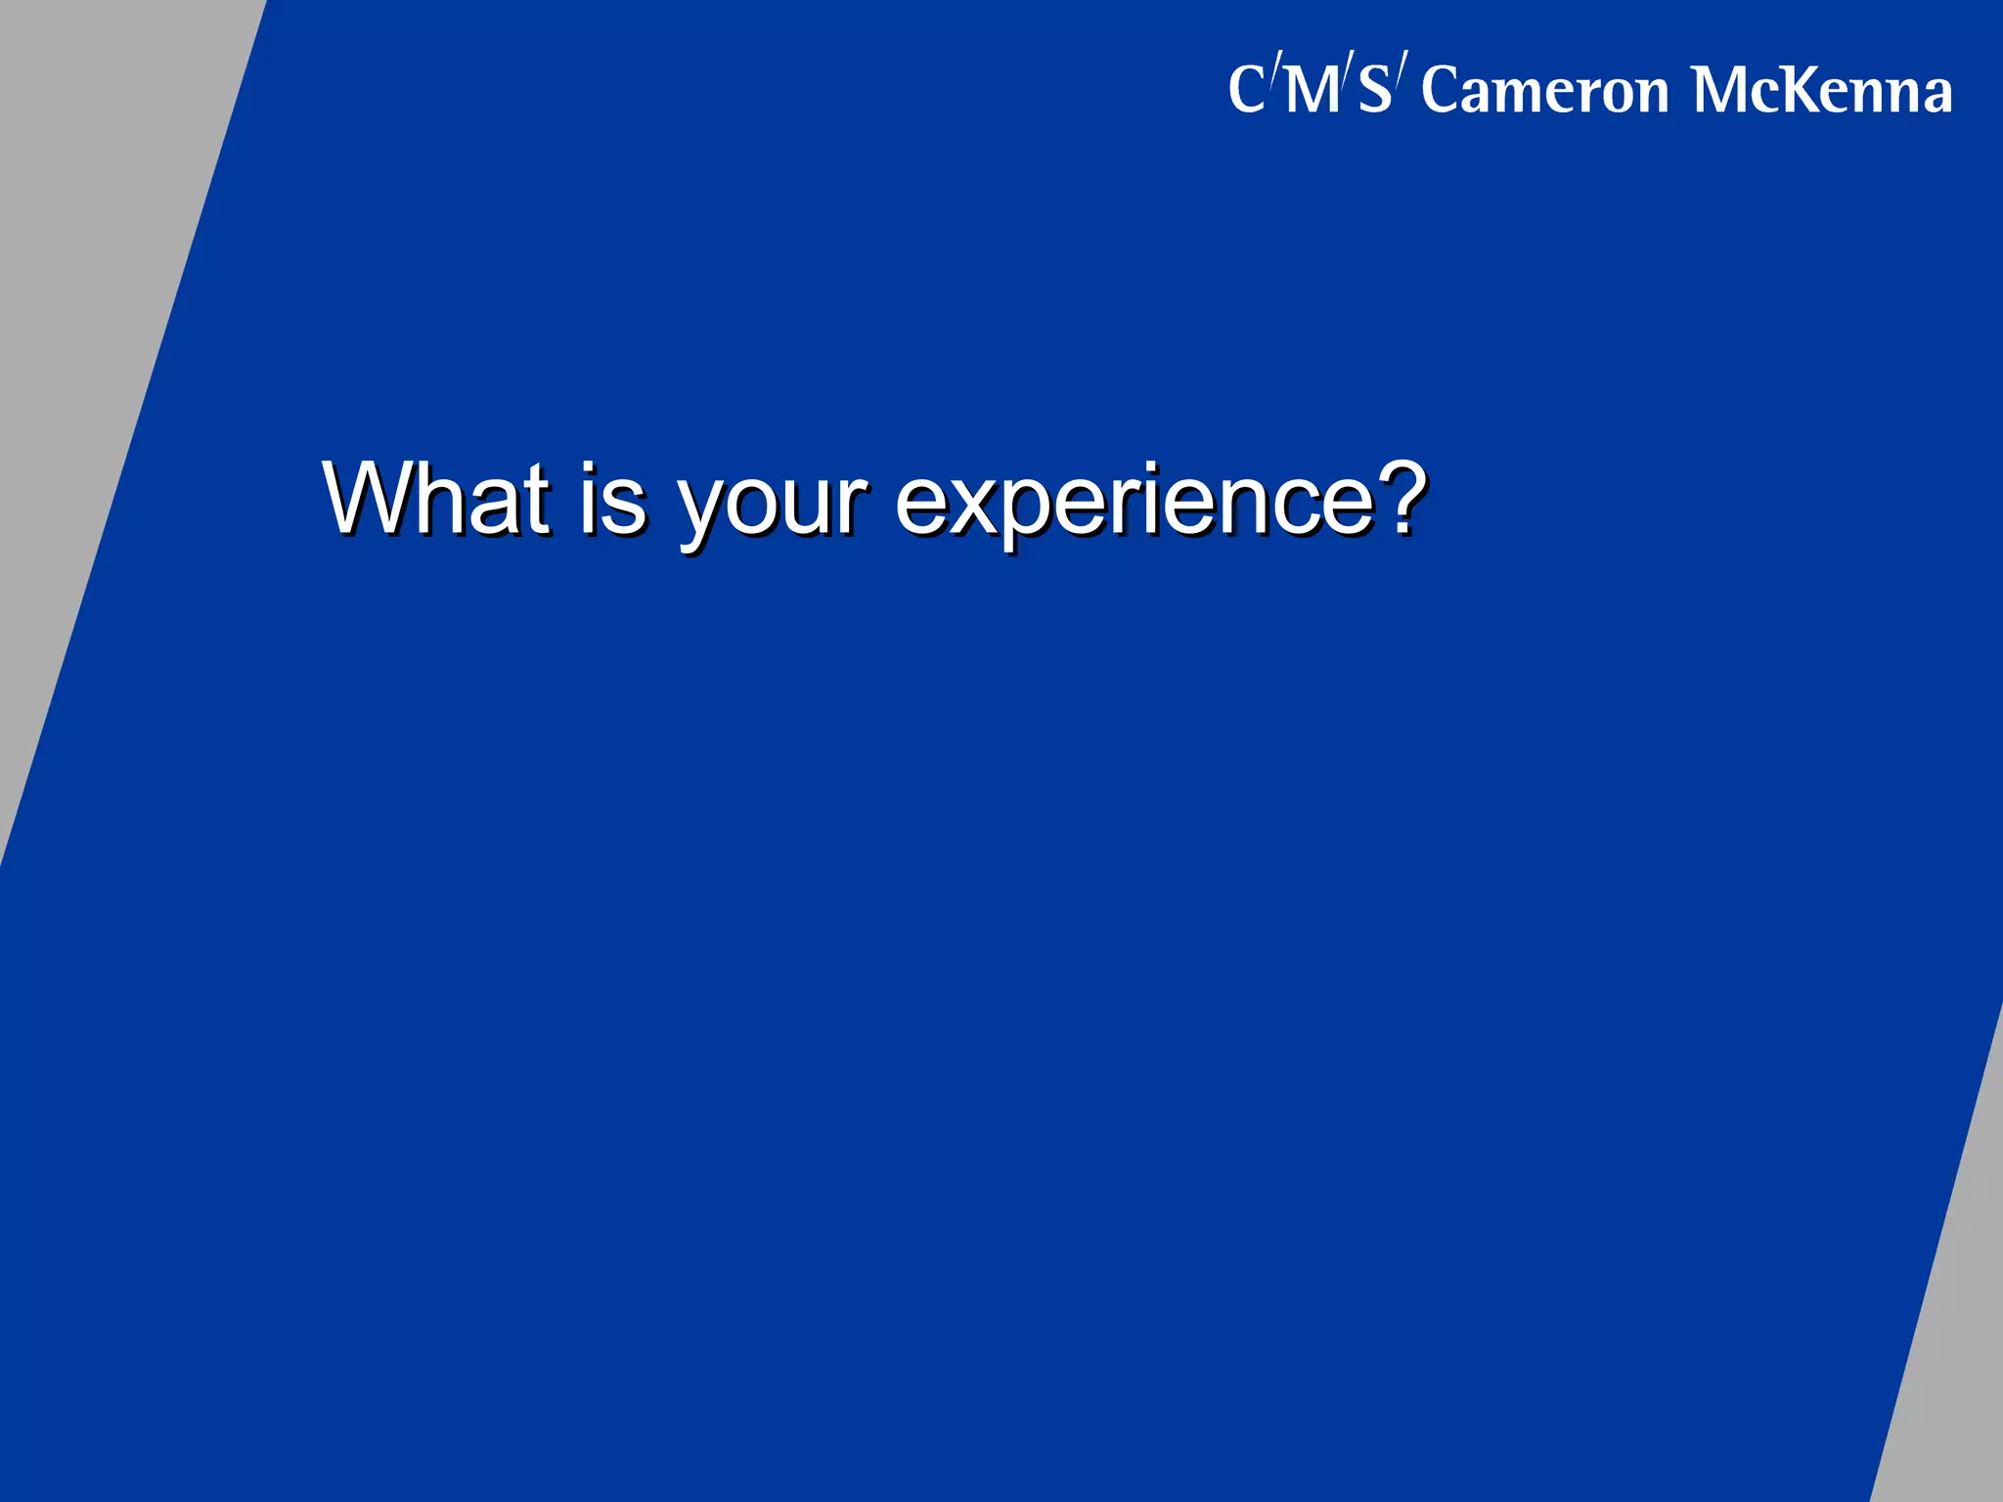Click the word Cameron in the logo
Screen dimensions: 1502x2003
(x=1545, y=90)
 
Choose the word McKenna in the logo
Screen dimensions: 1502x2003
(x=1822, y=90)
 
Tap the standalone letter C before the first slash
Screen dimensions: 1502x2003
(x=1247, y=90)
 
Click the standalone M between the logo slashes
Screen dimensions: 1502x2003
(x=1312, y=90)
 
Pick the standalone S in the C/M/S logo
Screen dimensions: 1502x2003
(x=1374, y=90)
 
